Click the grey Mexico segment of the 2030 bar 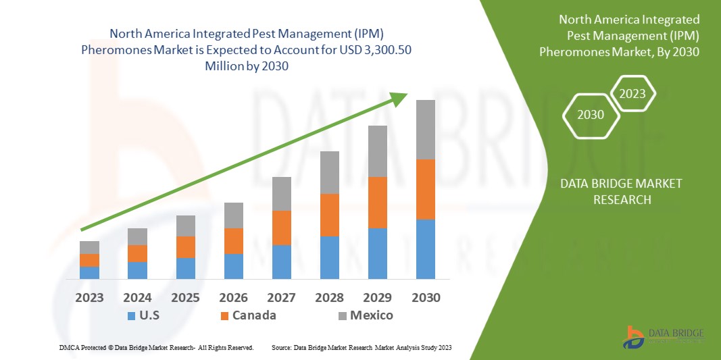(x=425, y=130)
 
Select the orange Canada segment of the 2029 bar (x=377, y=202)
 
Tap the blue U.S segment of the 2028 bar (x=329, y=257)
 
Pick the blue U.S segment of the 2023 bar (x=89, y=272)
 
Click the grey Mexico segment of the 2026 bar (x=233, y=215)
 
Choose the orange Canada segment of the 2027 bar (x=281, y=228)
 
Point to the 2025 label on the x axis (x=185, y=298)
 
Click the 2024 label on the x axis (x=137, y=298)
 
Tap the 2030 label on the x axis (x=425, y=298)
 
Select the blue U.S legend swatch (x=131, y=315)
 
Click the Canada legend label (x=254, y=315)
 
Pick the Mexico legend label (x=371, y=315)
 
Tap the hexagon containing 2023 (x=632, y=94)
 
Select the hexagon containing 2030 (x=590, y=115)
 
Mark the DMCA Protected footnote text (x=156, y=347)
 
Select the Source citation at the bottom (x=361, y=347)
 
